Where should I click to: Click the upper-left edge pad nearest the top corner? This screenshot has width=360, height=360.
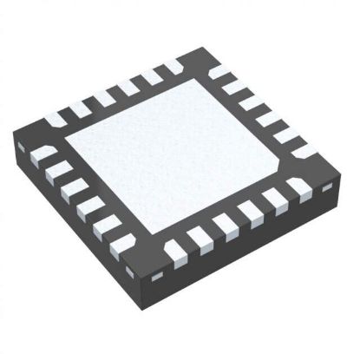(x=173, y=66)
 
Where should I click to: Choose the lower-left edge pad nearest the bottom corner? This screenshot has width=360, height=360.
(x=122, y=244)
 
